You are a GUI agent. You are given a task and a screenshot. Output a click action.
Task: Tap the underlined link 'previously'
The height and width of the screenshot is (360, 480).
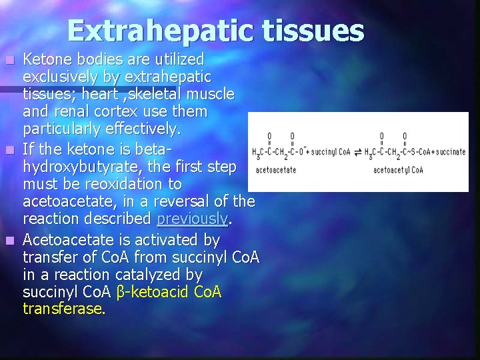coord(193,219)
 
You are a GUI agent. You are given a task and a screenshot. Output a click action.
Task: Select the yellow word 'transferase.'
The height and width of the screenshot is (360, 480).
coord(64,309)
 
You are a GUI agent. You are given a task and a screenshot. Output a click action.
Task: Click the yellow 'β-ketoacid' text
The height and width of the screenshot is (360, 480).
coord(153,292)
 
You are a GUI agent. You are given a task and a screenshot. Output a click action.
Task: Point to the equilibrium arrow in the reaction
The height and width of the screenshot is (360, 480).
coord(358,152)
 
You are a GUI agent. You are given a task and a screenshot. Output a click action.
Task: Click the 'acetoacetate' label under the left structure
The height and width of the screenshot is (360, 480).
coord(275,170)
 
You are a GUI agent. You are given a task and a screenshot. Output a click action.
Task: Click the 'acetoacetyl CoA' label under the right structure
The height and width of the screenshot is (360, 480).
coord(398,170)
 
